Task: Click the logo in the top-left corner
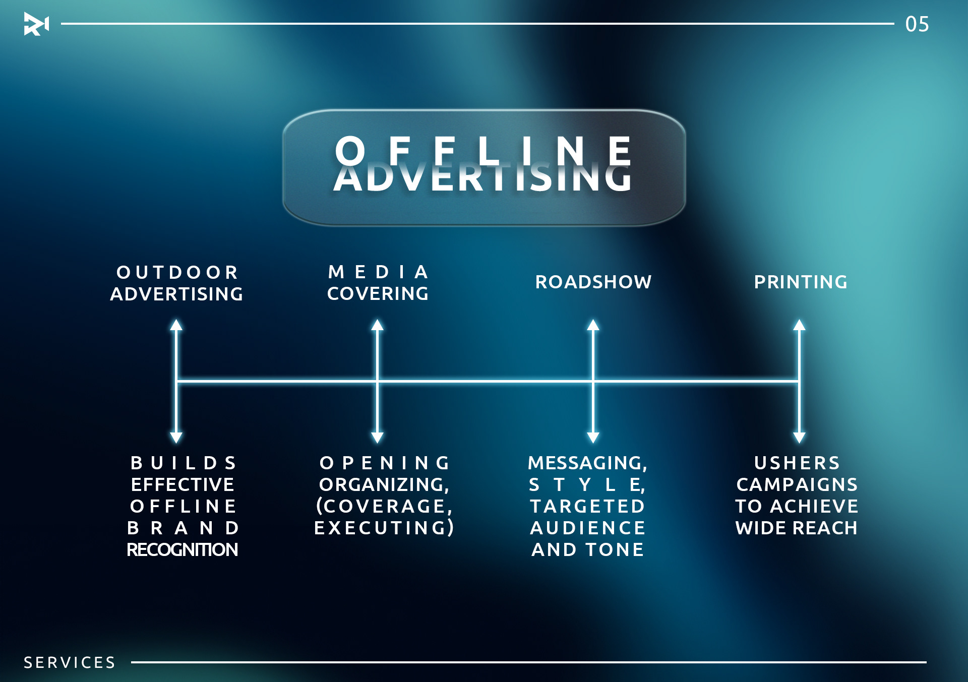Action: (x=36, y=24)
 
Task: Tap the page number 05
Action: (x=917, y=24)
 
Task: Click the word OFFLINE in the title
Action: (x=483, y=151)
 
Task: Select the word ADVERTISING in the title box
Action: (x=483, y=179)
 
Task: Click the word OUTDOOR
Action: (x=177, y=272)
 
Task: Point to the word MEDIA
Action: (x=378, y=272)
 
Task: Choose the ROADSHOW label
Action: (x=593, y=282)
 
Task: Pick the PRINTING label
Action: (x=801, y=282)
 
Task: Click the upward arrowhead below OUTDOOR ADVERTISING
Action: (x=176, y=325)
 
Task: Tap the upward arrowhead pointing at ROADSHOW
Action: (x=593, y=325)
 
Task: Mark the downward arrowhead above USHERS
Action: (x=799, y=438)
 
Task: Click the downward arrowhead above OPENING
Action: (x=378, y=438)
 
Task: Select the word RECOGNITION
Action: (x=182, y=549)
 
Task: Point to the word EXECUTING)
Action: (x=384, y=528)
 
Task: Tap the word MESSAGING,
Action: (x=587, y=463)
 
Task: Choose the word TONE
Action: (x=615, y=549)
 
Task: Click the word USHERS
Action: (x=797, y=463)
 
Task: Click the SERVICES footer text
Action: (x=70, y=662)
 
